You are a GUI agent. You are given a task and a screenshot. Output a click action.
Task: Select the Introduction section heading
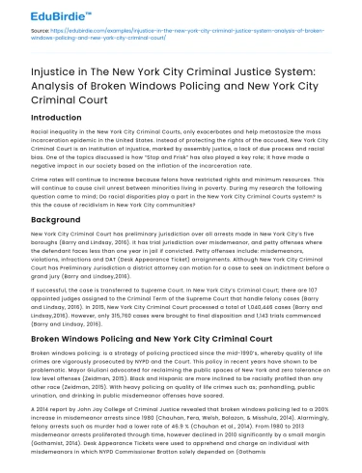tap(47, 123)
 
